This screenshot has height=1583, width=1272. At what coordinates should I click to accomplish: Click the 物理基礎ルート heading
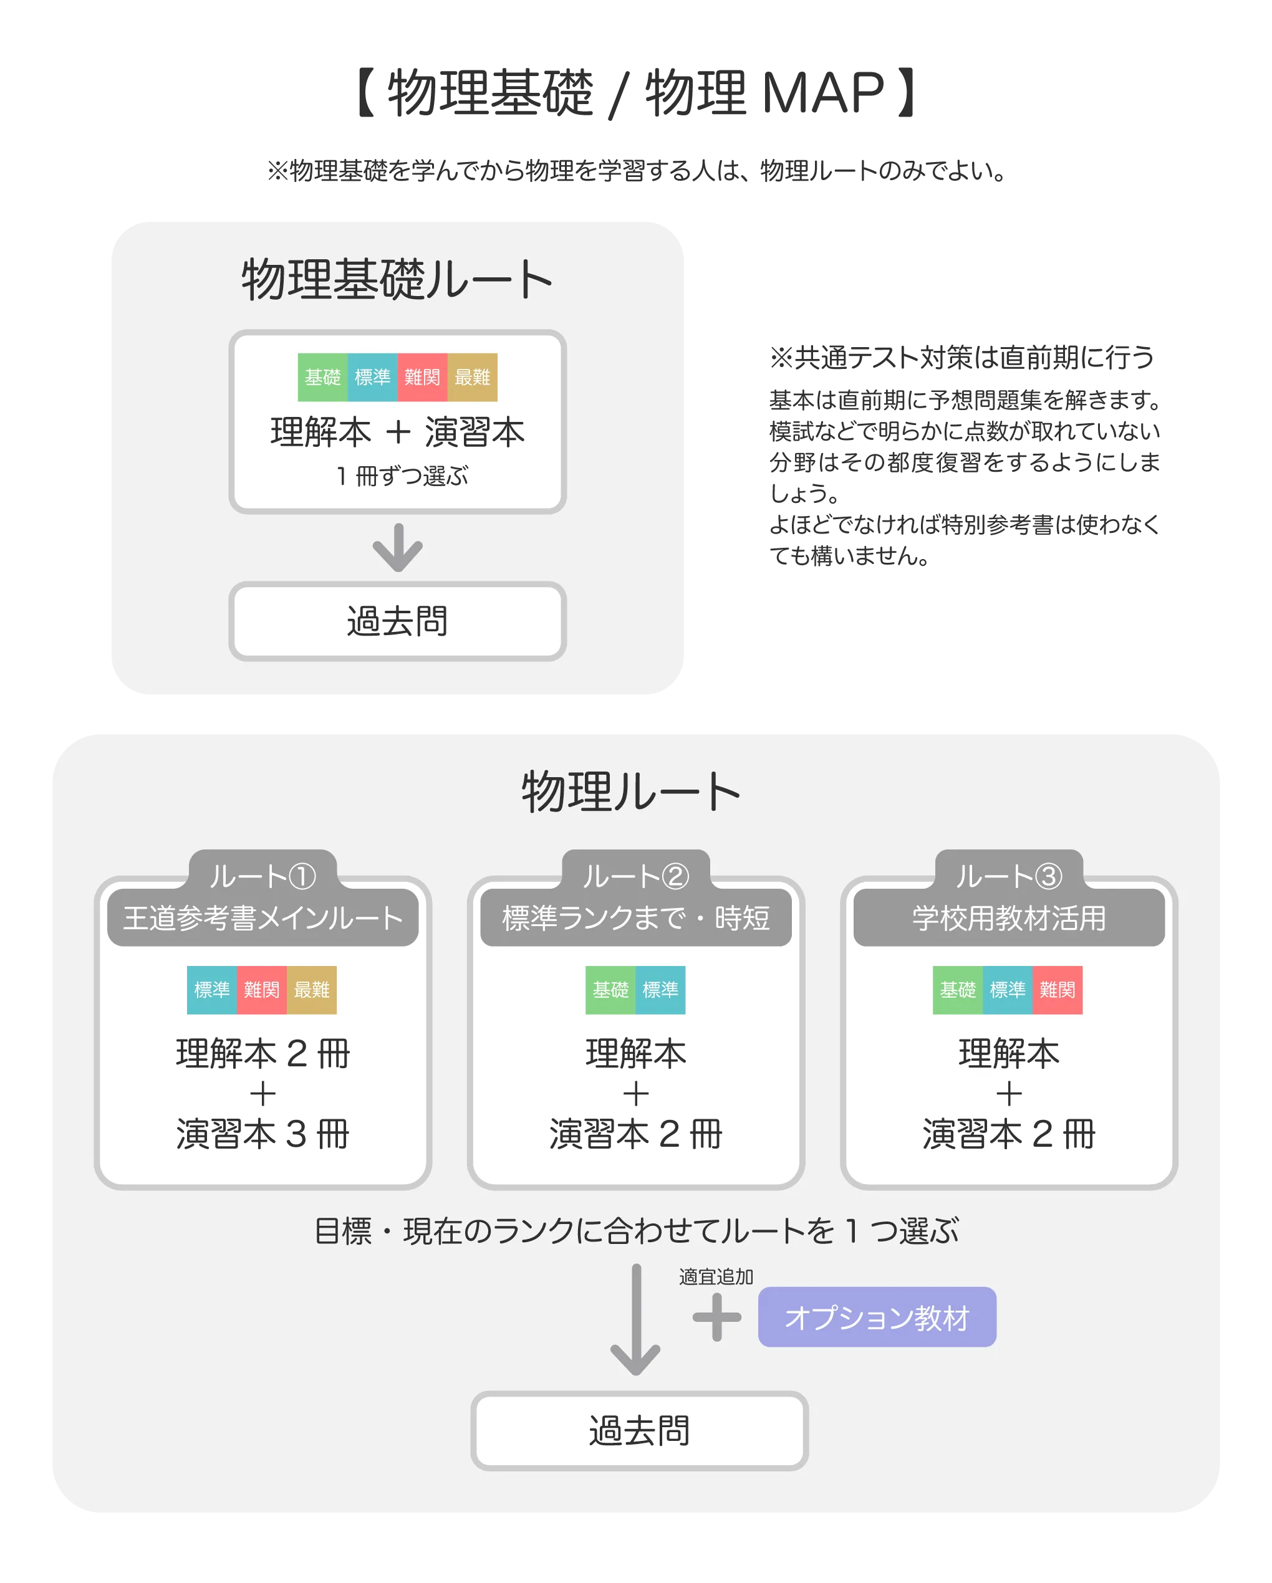[x=397, y=280]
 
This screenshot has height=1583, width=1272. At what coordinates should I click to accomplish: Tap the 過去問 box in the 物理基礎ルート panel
[x=397, y=621]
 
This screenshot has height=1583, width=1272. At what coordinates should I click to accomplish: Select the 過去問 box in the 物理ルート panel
[x=639, y=1431]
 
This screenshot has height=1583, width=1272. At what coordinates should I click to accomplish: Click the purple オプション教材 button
[x=877, y=1318]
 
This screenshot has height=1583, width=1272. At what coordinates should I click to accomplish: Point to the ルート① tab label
[x=262, y=876]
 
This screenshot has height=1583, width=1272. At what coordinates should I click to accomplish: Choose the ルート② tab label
[x=635, y=876]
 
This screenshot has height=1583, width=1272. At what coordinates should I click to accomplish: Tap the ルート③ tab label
[x=1008, y=876]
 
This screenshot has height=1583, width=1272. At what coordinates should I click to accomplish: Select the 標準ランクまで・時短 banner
[x=636, y=918]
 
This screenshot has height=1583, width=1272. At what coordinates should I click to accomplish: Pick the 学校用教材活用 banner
[x=1009, y=918]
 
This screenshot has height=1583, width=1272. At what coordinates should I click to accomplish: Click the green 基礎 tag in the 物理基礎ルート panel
[x=322, y=378]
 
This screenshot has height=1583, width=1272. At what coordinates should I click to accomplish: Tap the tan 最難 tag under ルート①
[x=311, y=990]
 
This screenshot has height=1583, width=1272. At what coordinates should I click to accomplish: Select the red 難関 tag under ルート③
[x=1058, y=990]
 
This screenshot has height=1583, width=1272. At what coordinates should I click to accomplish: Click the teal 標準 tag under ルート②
[x=660, y=990]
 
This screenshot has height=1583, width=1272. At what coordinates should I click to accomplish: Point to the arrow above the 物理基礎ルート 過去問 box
[x=397, y=548]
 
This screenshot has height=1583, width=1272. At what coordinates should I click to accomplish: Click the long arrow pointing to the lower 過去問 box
[x=636, y=1320]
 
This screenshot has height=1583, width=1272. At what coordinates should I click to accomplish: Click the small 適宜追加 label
[x=716, y=1277]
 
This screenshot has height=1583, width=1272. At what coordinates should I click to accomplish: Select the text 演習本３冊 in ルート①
[x=262, y=1134]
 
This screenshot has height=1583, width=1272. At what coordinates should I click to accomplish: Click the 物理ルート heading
[x=631, y=792]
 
